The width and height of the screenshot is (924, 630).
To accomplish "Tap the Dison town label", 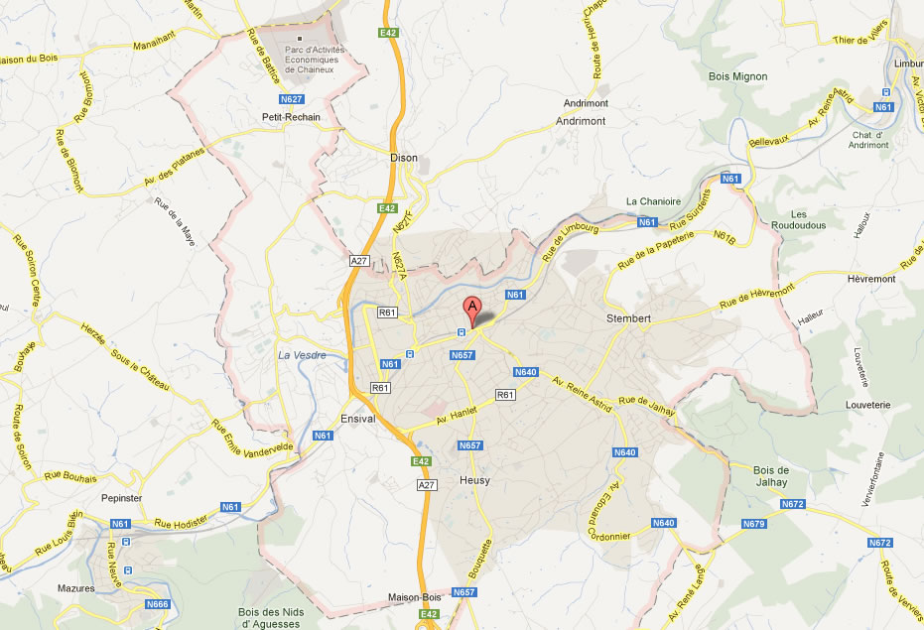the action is tap(403, 158).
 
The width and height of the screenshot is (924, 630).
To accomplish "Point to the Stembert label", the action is tap(628, 318).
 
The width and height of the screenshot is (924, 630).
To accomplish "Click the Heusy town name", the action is tap(474, 481).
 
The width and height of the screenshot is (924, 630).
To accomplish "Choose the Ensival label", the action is tap(357, 419).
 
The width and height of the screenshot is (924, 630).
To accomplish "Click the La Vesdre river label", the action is tap(302, 355).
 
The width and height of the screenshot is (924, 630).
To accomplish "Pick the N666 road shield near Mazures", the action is tap(157, 604).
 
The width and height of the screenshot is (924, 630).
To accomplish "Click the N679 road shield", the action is tap(753, 524).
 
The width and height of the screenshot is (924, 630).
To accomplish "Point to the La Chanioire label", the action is tap(653, 201).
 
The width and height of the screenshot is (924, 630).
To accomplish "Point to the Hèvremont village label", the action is tap(871, 279).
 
